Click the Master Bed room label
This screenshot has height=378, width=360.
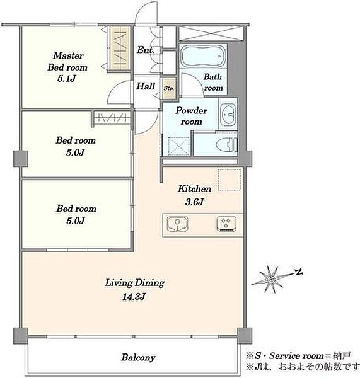click(x=67, y=62)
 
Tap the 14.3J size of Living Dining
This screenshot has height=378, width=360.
click(x=134, y=296)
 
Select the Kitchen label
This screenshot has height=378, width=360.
click(x=194, y=188)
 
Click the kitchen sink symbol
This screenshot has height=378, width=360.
click(x=178, y=224)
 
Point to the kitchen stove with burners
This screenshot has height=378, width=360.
click(x=226, y=224)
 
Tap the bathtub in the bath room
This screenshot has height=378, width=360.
click(x=204, y=56)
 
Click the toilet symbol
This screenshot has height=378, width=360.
click(x=227, y=145)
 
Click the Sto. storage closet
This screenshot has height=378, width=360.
click(x=169, y=88)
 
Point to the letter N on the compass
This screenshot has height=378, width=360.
click(x=299, y=272)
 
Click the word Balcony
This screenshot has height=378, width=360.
click(x=138, y=357)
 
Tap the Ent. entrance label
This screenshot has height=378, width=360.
click(x=145, y=50)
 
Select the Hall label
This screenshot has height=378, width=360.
click(x=146, y=86)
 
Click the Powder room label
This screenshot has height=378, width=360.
click(x=191, y=116)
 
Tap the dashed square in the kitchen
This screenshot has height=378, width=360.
click(x=229, y=180)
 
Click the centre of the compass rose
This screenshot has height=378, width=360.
click(x=270, y=280)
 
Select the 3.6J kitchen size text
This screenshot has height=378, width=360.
click(x=194, y=202)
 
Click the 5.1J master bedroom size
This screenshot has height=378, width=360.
click(x=67, y=78)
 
